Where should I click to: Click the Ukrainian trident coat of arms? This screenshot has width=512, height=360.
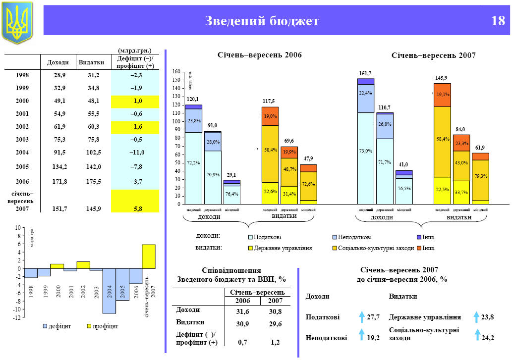click(17, 22)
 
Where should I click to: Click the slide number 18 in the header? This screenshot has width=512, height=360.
click(497, 21)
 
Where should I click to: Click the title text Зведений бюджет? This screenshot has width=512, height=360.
click(262, 21)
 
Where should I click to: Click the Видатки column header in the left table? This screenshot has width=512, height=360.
click(91, 62)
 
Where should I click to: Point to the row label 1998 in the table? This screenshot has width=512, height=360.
click(22, 75)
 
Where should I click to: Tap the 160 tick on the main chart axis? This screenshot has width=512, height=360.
click(176, 72)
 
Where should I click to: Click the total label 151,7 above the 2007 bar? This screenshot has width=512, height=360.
click(365, 74)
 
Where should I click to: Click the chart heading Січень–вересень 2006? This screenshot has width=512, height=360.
click(260, 54)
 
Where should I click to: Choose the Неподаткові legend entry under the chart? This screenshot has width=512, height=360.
click(354, 238)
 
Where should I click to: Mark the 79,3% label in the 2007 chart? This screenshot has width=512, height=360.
click(480, 176)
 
